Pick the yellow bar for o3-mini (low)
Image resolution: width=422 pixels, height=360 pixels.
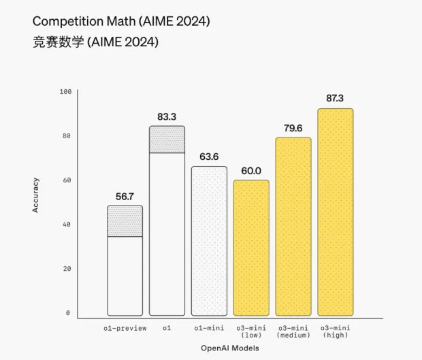pos(251,248)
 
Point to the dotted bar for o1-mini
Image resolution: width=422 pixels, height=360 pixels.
pos(209,241)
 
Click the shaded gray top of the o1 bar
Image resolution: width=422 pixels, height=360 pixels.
pos(167,140)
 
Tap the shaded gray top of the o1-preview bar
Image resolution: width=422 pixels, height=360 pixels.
pos(125,221)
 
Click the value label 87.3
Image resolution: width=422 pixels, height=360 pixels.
pos(336,98)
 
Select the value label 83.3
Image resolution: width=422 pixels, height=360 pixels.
pos(167,117)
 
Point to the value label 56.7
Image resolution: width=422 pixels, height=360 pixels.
pos(125,196)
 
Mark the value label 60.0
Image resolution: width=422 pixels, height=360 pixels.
pos(251,170)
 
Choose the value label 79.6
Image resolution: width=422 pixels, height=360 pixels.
pos(293,127)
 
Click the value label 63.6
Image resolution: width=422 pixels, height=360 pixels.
pos(209,157)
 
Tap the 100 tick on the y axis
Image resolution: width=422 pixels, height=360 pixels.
pos(65,91)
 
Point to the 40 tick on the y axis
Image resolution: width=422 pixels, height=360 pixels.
pos(67,225)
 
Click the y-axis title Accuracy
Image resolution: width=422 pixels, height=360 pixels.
pos(35,195)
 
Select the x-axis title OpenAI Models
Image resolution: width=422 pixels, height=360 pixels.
pos(230,348)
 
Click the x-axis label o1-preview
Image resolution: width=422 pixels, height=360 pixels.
pos(125,328)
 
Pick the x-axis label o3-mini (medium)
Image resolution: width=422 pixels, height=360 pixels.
pos(293,331)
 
